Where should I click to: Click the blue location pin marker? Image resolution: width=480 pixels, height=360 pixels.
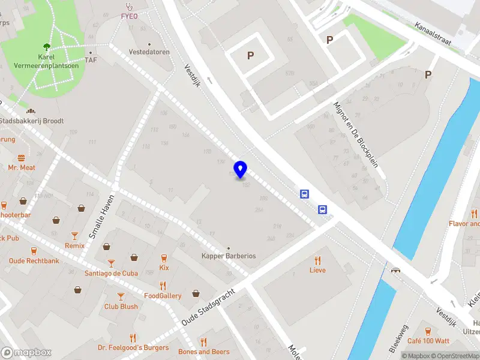(x=240, y=169)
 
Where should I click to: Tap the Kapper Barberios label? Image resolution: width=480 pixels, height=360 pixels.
(x=229, y=256)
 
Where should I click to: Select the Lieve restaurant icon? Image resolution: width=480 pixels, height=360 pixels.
(x=317, y=260)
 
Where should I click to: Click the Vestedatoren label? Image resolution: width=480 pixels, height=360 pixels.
(x=149, y=52)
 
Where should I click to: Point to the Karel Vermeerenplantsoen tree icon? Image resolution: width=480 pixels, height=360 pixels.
(x=46, y=46)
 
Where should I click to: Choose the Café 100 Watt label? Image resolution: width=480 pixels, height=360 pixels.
(x=428, y=341)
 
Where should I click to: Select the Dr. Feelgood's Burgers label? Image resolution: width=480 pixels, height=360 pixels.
(x=133, y=348)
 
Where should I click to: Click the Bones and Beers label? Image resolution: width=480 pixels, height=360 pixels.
(x=204, y=352)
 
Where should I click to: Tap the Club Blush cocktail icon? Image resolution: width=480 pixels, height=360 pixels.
(x=121, y=296)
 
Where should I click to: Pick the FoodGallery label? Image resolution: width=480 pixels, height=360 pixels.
(x=163, y=296)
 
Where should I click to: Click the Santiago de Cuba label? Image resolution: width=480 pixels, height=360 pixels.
(x=112, y=273)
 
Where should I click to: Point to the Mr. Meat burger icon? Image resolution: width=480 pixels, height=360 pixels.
(x=22, y=158)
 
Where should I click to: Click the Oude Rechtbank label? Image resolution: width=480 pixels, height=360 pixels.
(x=34, y=261)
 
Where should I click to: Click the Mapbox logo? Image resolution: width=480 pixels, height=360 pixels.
(x=26, y=352)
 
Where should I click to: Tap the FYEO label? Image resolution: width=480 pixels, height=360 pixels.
(x=129, y=16)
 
